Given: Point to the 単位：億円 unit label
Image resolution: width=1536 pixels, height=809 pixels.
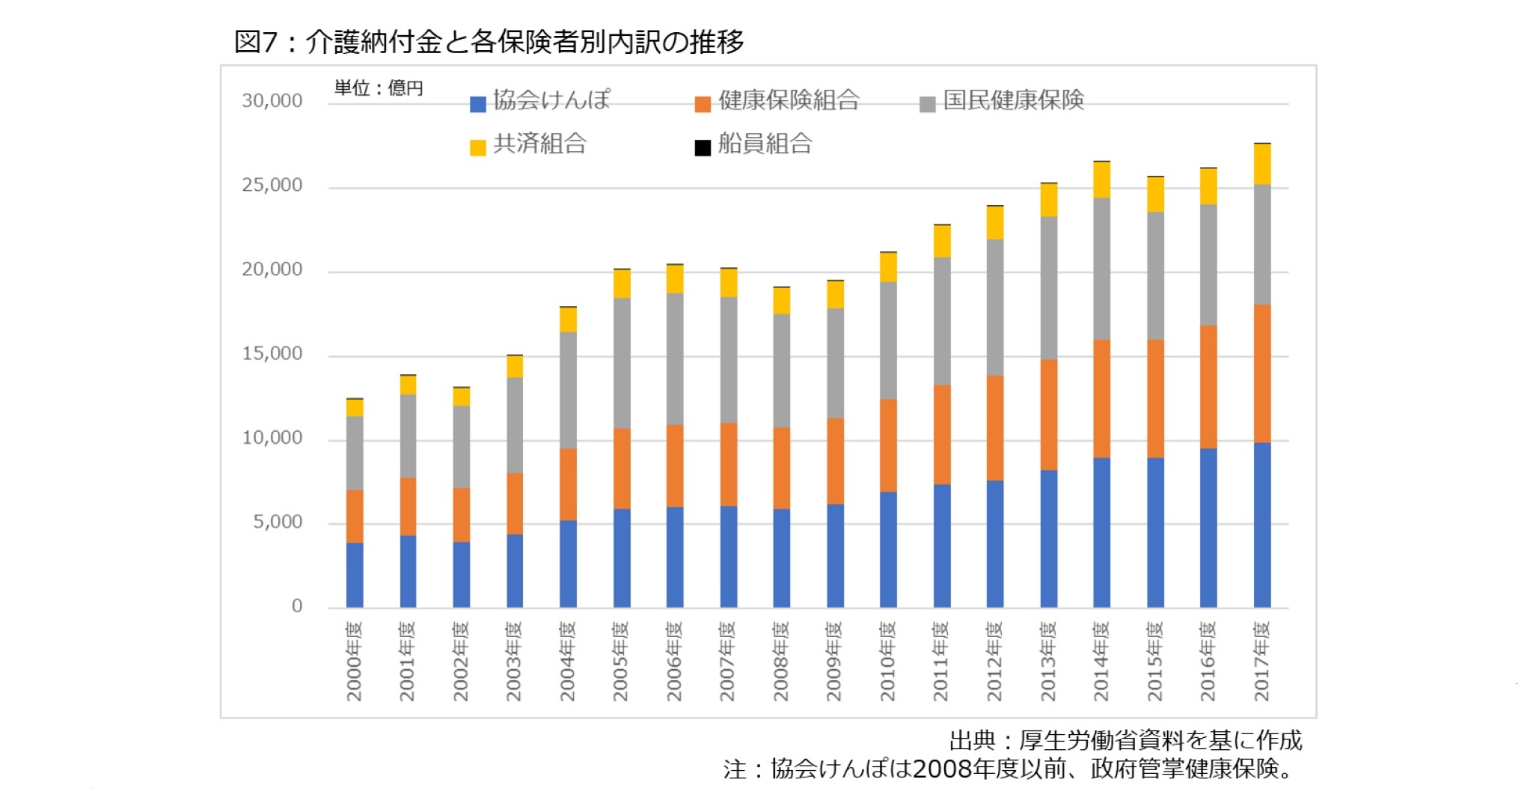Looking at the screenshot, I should [x=379, y=88].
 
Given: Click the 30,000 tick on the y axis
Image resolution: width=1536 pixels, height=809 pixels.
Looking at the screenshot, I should [x=272, y=101].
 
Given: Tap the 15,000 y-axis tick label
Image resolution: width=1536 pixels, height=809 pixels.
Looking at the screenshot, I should [x=272, y=354].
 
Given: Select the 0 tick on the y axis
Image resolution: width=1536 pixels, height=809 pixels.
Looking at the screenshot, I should [x=297, y=606].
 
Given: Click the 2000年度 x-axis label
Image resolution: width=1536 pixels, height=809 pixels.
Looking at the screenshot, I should [x=354, y=661].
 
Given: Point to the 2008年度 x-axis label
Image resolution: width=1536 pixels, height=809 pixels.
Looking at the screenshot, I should [x=781, y=661].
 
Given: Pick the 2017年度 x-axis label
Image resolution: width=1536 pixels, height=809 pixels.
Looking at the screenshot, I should [x=1261, y=661].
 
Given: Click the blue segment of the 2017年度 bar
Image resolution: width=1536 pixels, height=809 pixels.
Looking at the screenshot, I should [x=1262, y=524].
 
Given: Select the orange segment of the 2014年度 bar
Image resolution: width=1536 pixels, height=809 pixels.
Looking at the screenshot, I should [x=1101, y=398].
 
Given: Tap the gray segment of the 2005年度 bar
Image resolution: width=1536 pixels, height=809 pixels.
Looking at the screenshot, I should [x=622, y=363].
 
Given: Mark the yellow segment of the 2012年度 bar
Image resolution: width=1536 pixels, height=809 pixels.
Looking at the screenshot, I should [x=994, y=223].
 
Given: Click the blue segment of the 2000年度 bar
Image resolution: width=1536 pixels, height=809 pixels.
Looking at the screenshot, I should [x=355, y=575].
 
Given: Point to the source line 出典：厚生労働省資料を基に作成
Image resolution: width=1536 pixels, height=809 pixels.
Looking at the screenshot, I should [x=1125, y=740].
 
